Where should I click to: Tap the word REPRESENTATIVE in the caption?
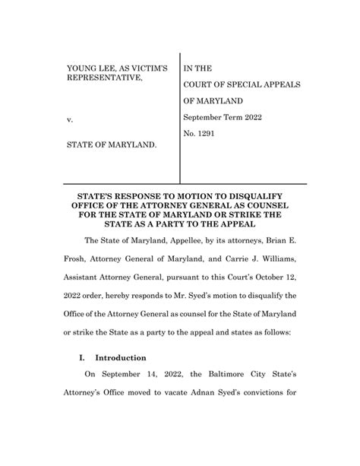[x=103, y=78]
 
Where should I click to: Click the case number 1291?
[x=208, y=133]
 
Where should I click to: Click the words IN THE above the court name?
[x=200, y=67]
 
